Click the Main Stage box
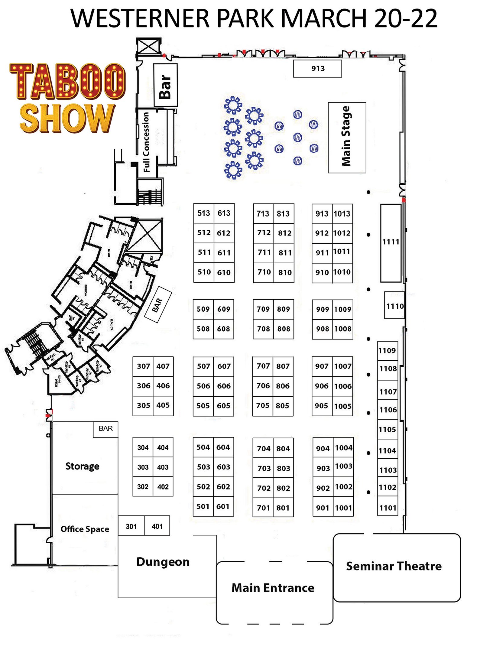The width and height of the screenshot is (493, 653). pyautogui.click(x=347, y=138)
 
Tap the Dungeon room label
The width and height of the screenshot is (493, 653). pyautogui.click(x=163, y=562)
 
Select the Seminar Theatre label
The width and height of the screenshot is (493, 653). pyautogui.click(x=394, y=566)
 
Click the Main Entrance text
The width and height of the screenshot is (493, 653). pyautogui.click(x=273, y=588)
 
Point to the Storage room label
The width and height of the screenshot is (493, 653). pyautogui.click(x=82, y=466)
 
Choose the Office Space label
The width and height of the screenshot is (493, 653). pyautogui.click(x=85, y=529)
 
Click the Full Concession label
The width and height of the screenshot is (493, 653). pyautogui.click(x=146, y=142)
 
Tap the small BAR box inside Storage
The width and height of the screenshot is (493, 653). pyautogui.click(x=105, y=428)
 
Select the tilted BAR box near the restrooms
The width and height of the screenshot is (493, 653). pyautogui.click(x=158, y=305)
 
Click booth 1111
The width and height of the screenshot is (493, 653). pyautogui.click(x=391, y=242)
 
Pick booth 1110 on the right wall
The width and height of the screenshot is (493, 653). pyautogui.click(x=394, y=306)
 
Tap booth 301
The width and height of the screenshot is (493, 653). pyautogui.click(x=131, y=526)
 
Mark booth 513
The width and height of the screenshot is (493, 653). pyautogui.click(x=203, y=213)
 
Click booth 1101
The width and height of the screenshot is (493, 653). pyautogui.click(x=388, y=508)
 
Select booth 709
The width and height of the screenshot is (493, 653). pyautogui.click(x=263, y=309)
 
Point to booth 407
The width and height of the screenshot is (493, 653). pyautogui.click(x=163, y=366)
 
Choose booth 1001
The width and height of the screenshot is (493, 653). pyautogui.click(x=343, y=508)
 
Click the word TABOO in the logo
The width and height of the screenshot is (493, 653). pyautogui.click(x=67, y=81)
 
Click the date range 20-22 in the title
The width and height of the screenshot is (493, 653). pyautogui.click(x=405, y=18)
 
